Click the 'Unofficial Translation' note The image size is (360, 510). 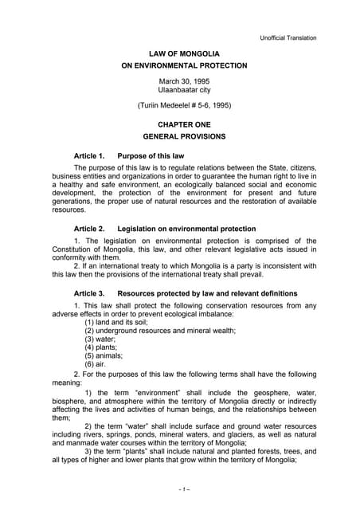pyautogui.click(x=288, y=37)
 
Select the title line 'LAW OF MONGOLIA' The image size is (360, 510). pyautogui.click(x=179, y=53)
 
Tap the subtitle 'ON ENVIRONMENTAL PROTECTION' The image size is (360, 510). pyautogui.click(x=179, y=65)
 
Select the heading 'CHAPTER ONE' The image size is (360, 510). pyautogui.click(x=179, y=125)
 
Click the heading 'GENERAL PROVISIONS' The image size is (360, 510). pyautogui.click(x=179, y=137)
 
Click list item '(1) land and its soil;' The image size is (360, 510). pyautogui.click(x=121, y=321)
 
